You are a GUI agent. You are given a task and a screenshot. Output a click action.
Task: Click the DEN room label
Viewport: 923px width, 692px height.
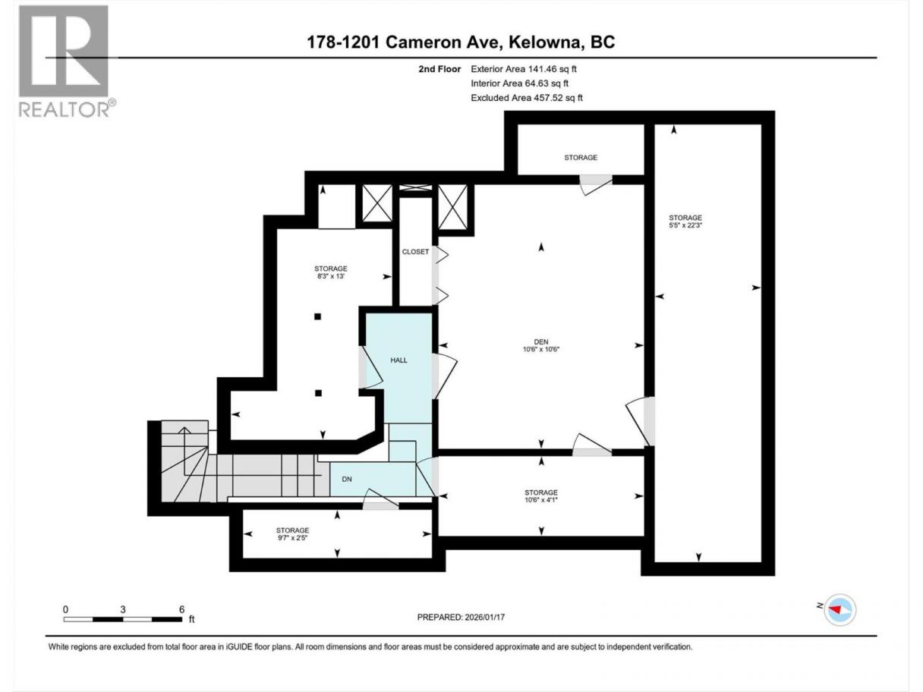tap(540, 342)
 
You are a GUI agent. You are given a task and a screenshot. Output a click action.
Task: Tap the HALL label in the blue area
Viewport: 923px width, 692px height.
tap(398, 360)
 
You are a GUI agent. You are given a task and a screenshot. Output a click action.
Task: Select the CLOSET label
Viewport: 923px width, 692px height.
tap(415, 252)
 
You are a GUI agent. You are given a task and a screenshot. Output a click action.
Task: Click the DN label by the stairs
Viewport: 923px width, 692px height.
tap(347, 479)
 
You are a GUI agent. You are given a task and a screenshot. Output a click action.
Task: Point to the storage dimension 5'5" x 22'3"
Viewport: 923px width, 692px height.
tap(685, 225)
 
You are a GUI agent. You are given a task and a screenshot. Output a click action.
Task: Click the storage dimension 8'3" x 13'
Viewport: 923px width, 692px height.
tap(331, 276)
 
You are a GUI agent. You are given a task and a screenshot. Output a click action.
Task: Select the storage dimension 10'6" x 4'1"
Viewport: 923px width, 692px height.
tap(540, 500)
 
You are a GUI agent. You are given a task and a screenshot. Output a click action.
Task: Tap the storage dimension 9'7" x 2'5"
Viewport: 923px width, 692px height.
tap(292, 537)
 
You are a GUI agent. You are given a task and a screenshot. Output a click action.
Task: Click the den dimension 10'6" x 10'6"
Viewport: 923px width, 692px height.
tap(540, 349)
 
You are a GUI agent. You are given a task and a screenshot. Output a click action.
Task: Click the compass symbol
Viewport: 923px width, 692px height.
tap(840, 609)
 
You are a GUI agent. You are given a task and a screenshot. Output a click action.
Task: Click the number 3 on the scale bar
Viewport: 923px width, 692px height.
tap(123, 609)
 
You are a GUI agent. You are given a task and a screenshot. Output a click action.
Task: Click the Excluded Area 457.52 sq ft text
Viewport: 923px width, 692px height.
tap(527, 98)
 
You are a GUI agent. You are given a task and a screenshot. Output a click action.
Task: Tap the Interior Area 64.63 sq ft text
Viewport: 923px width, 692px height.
tap(519, 83)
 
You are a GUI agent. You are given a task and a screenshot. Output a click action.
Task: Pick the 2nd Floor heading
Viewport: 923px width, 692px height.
tap(439, 69)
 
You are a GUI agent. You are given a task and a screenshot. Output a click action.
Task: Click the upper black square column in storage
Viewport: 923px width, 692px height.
tap(318, 316)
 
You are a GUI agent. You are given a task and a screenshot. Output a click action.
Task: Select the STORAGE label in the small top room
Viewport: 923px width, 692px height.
tap(581, 158)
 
